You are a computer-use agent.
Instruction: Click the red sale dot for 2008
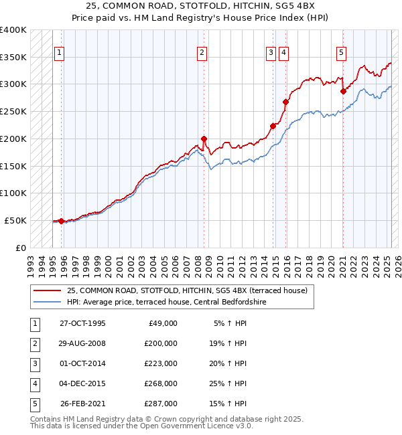pos(204,139)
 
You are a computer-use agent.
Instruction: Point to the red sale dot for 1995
pos(61,221)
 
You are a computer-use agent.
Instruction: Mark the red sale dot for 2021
pos(343,91)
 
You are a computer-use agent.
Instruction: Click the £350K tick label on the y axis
pos(13,58)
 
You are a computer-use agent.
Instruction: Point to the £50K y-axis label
pos(16,220)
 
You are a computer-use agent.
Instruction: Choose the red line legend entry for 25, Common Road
pos(187,290)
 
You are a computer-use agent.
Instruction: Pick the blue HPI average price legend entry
pos(167,302)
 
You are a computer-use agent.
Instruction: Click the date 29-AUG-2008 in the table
pos(83,343)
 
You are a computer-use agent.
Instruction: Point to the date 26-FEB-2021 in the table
pos(83,404)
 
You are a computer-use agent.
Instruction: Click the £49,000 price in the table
pos(163,323)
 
